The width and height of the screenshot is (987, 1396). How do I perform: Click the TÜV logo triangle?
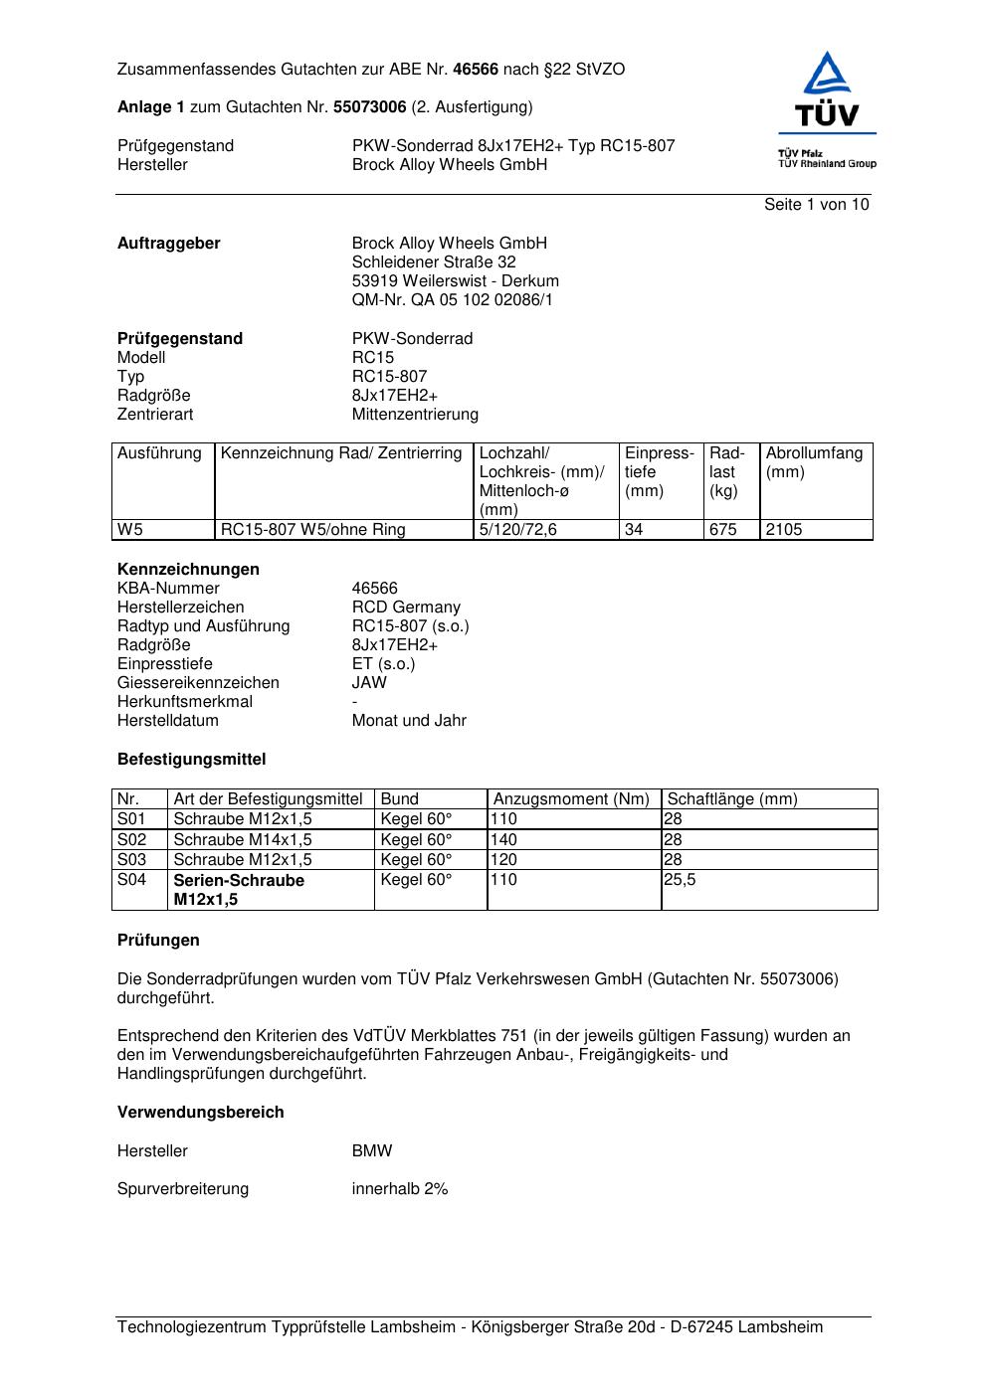[x=827, y=76]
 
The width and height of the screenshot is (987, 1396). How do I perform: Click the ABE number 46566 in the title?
[x=476, y=70]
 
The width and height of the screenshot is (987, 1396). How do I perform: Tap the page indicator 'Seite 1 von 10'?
[x=816, y=205]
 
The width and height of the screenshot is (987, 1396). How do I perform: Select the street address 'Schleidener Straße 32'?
[x=434, y=262]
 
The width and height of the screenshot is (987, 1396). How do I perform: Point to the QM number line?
[x=452, y=300]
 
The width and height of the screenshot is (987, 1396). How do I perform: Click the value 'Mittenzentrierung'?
[x=415, y=415]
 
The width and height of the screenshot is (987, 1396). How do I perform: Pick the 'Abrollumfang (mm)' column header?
[x=814, y=462]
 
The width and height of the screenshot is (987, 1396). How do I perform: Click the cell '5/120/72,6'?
[x=518, y=530]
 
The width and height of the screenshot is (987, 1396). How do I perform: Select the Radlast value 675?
[x=723, y=530]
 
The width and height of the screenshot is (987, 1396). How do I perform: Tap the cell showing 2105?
[x=784, y=530]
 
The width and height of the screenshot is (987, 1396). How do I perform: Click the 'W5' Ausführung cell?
[x=130, y=530]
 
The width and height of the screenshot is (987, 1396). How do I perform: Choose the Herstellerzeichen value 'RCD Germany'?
[x=406, y=608]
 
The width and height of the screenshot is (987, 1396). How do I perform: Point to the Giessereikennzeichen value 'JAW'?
[x=369, y=683]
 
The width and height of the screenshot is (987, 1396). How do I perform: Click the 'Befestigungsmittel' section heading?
[x=191, y=760]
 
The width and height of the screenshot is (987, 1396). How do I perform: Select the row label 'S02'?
[x=131, y=840]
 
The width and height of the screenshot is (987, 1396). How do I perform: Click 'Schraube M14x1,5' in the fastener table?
[x=243, y=840]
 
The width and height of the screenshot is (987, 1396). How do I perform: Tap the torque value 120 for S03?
[x=504, y=860]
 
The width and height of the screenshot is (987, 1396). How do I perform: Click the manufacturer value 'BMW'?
[x=372, y=1151]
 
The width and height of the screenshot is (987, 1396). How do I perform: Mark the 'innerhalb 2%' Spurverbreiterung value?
[x=400, y=1189]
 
